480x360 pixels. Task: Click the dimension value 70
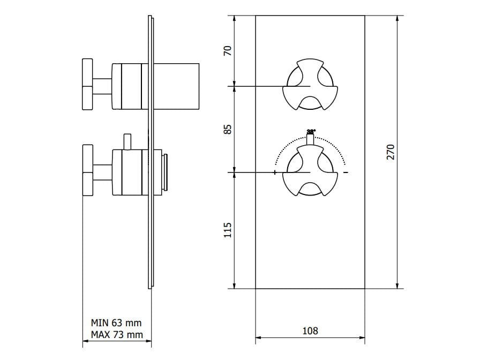[228, 51]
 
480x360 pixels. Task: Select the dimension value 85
[228, 129]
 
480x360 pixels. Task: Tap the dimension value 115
[228, 230]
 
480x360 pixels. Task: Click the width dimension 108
[310, 331]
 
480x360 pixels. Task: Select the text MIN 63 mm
[116, 323]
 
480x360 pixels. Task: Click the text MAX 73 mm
[116, 335]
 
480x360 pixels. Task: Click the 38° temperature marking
[311, 131]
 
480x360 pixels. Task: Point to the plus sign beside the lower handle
[275, 172]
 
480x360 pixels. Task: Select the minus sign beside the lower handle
[346, 172]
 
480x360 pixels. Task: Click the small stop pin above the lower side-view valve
[127, 141]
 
